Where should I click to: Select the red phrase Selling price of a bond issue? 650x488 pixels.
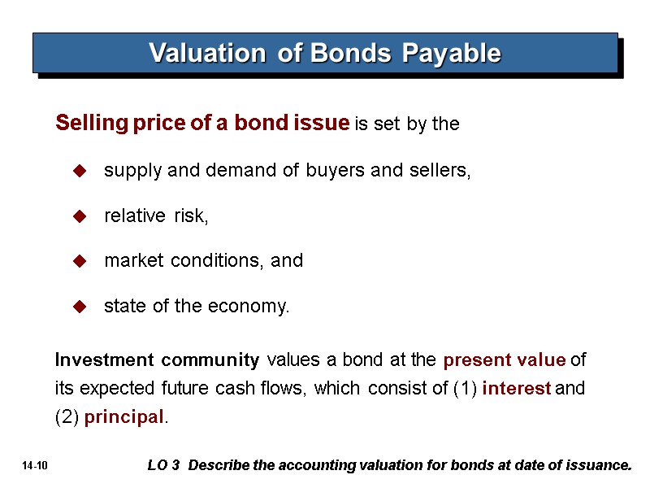pyautogui.click(x=202, y=124)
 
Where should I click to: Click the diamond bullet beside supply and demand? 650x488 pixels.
pyautogui.click(x=80, y=172)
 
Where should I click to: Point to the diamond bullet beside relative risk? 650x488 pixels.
pyautogui.click(x=80, y=216)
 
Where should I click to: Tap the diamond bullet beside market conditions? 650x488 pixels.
pyautogui.click(x=80, y=261)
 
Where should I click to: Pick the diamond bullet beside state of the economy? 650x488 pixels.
pyautogui.click(x=80, y=307)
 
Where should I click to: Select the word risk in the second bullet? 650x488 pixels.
pyautogui.click(x=190, y=216)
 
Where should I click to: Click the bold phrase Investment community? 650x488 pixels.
pyautogui.click(x=157, y=359)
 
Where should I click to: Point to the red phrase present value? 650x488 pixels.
pyautogui.click(x=504, y=359)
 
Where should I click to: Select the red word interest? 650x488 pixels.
pyautogui.click(x=516, y=389)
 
